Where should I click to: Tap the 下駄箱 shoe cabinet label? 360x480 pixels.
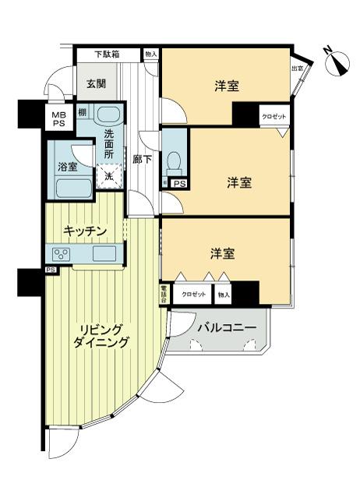[108, 55]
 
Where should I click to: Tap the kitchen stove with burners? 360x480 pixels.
[62, 254]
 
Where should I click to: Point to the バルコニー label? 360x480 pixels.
[226, 328]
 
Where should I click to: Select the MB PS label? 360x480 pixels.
[59, 119]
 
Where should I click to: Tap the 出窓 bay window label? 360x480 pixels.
[298, 69]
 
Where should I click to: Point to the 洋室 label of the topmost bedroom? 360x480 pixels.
[227, 86]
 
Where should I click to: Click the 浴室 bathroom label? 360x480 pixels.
[67, 166]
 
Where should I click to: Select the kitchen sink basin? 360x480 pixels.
[104, 254]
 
